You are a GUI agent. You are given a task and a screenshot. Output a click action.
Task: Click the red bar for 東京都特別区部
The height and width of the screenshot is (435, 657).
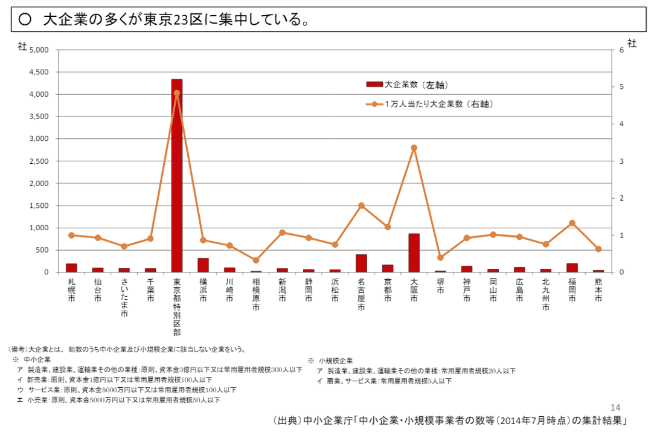pyautogui.click(x=177, y=175)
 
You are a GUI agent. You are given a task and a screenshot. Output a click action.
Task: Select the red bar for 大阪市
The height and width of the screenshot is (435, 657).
pyautogui.click(x=414, y=253)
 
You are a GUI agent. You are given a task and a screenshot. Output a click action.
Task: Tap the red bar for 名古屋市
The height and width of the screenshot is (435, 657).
pyautogui.click(x=361, y=263)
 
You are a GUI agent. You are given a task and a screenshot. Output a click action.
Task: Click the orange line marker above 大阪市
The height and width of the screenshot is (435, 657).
pyautogui.click(x=414, y=147)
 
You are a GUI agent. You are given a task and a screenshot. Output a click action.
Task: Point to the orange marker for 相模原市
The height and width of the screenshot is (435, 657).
pyautogui.click(x=256, y=260)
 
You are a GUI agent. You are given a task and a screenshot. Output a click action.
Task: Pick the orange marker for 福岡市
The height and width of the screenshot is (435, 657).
pyautogui.click(x=572, y=223)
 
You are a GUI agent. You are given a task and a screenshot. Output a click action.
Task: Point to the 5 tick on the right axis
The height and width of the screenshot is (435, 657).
pyautogui.click(x=621, y=87)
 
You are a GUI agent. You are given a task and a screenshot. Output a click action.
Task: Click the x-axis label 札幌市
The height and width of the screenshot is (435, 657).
pyautogui.click(x=72, y=290)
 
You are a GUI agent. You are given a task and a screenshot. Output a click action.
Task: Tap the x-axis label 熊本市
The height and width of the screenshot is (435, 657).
pyautogui.click(x=598, y=290)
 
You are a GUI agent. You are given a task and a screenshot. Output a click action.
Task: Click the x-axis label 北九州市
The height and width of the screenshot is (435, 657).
pyautogui.click(x=546, y=294)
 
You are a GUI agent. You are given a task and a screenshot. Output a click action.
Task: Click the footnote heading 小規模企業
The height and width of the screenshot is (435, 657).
pyautogui.click(x=336, y=360)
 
